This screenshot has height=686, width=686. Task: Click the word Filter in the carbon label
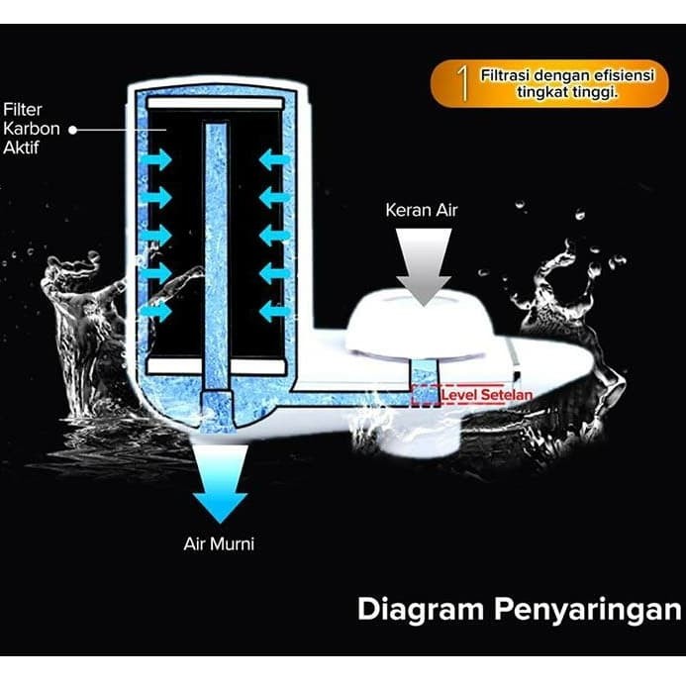point(22,109)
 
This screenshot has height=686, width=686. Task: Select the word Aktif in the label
point(22,147)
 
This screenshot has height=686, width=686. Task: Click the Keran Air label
point(423,211)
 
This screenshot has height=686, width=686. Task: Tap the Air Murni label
point(220,543)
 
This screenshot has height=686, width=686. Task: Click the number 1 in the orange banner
point(462,84)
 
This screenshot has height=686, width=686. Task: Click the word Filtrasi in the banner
point(509,75)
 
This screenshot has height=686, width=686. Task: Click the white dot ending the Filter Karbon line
point(73,129)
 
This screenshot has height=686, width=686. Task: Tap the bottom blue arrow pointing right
point(155,310)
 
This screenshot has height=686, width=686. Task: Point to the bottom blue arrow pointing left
point(274,310)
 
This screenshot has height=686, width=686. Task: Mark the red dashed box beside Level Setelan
point(425,396)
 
